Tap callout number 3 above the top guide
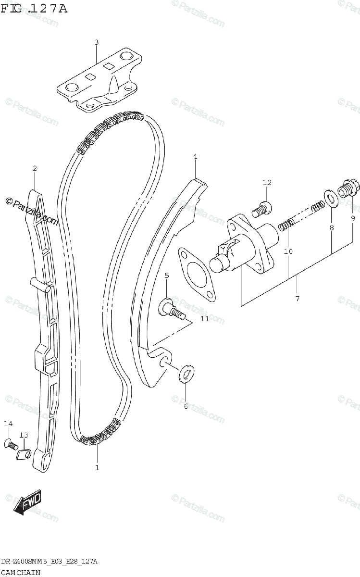pyautogui.click(x=96, y=42)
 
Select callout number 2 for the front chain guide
pyautogui.click(x=35, y=168)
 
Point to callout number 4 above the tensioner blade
pyautogui.click(x=195, y=156)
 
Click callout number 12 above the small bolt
pyautogui.click(x=267, y=182)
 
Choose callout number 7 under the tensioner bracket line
pyautogui.click(x=297, y=299)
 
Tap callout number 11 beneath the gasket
pyautogui.click(x=205, y=319)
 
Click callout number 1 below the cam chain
pyautogui.click(x=97, y=467)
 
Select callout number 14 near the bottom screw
pyautogui.click(x=7, y=424)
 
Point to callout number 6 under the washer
pyautogui.click(x=186, y=406)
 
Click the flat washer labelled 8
pyautogui.click(x=330, y=198)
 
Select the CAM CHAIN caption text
pyautogui.click(x=20, y=572)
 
